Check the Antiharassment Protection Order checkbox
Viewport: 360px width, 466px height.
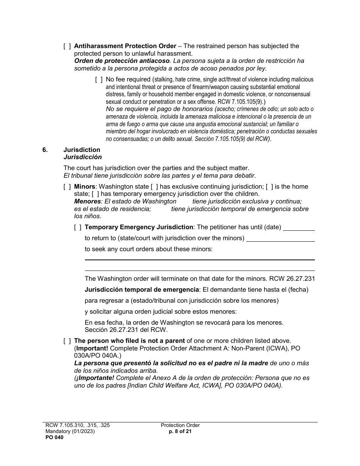click(x=67, y=46)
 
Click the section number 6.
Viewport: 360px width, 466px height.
click(x=45, y=150)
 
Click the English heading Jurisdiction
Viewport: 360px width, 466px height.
click(x=82, y=150)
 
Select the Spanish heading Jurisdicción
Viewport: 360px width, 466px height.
click(x=82, y=157)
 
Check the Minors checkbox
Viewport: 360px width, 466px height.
click(x=67, y=187)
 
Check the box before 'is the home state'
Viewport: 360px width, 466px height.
click(x=269, y=187)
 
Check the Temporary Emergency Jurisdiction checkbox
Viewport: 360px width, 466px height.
click(x=78, y=227)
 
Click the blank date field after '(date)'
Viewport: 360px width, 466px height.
click(x=299, y=228)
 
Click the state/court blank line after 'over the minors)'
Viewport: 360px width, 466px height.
click(x=280, y=239)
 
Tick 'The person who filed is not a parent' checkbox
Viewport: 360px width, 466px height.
click(x=67, y=341)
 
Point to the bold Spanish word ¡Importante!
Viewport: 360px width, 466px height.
click(x=95, y=378)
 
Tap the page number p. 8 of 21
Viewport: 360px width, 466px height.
click(x=180, y=432)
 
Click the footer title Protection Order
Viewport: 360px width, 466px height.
click(x=180, y=425)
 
